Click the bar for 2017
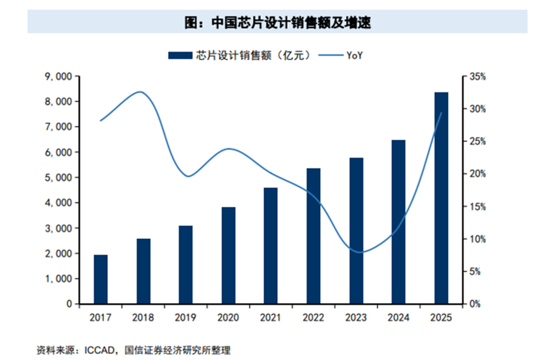click(x=100, y=279)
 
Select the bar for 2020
click(x=228, y=255)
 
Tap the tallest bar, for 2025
click(x=441, y=198)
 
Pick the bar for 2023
click(x=356, y=231)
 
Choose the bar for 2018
click(x=143, y=271)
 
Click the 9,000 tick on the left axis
click(x=58, y=76)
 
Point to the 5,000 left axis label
click(x=58, y=178)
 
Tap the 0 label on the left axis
click(x=69, y=304)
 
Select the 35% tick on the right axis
click(x=477, y=77)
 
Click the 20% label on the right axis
click(x=477, y=174)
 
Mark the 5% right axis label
click(x=475, y=271)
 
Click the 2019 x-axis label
click(x=185, y=317)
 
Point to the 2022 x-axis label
click(x=314, y=317)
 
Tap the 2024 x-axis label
click(x=399, y=317)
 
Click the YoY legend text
click(x=355, y=56)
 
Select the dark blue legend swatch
click(x=180, y=56)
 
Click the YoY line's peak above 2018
click(x=140, y=92)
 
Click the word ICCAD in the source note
click(x=99, y=350)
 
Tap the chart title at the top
click(x=278, y=22)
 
